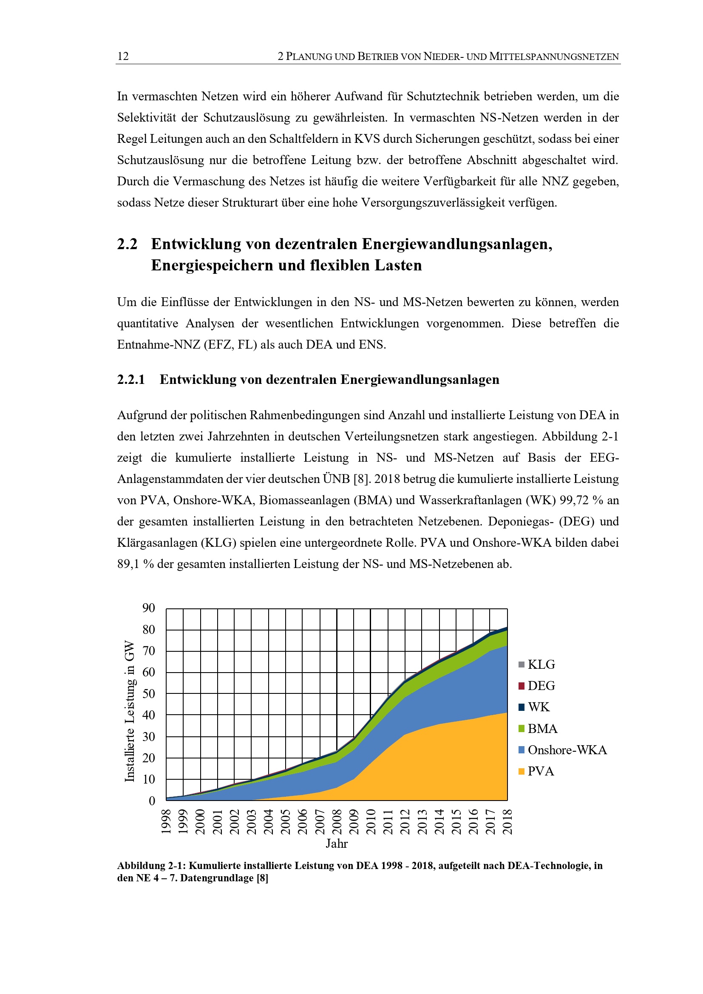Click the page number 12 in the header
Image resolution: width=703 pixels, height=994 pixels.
pyautogui.click(x=123, y=56)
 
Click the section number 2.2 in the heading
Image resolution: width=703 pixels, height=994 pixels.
pyautogui.click(x=127, y=244)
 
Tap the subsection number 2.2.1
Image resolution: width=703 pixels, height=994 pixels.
pyautogui.click(x=131, y=380)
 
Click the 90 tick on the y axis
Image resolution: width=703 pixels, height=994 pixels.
pyautogui.click(x=148, y=608)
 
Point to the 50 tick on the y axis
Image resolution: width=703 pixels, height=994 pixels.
pyautogui.click(x=148, y=693)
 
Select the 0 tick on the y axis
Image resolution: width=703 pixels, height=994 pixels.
pyautogui.click(x=152, y=801)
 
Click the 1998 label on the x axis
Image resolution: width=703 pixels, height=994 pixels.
pyautogui.click(x=166, y=821)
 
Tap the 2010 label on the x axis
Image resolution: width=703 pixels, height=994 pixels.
pyautogui.click(x=371, y=821)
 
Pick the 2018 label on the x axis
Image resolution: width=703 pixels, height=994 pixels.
pyautogui.click(x=507, y=821)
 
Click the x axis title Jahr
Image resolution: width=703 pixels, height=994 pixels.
pyautogui.click(x=337, y=843)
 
